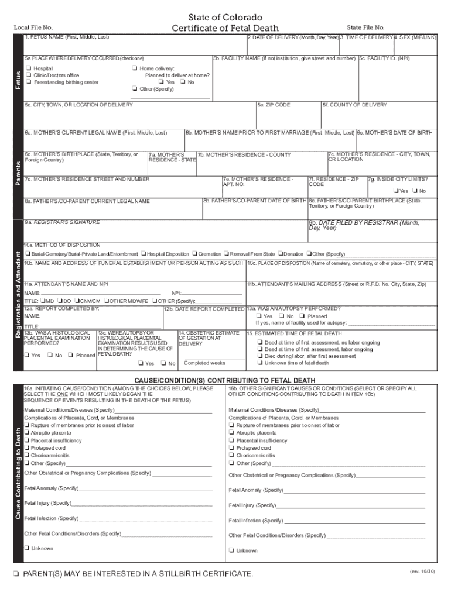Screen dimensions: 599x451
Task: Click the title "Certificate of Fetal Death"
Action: pos(225,28)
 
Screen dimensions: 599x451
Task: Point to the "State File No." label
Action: pos(365,27)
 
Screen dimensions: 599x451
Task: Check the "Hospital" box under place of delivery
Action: pos(28,68)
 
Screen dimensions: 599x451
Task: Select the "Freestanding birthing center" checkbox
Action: pos(28,82)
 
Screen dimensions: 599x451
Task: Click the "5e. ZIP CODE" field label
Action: pos(274,105)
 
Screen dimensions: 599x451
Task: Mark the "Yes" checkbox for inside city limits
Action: pos(397,191)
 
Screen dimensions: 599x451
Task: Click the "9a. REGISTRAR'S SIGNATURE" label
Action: pos(62,222)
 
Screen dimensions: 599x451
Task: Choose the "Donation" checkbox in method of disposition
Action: pos(281,254)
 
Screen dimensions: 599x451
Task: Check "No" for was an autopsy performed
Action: pos(282,316)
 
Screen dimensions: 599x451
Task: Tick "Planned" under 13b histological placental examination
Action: pos(70,355)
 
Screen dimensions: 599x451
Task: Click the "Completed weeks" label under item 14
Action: pos(204,363)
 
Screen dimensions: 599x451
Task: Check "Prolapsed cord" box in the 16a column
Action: pos(28,448)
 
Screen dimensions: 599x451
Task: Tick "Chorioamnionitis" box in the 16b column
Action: pos(233,456)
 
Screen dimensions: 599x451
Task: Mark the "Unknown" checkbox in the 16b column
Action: pos(233,550)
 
